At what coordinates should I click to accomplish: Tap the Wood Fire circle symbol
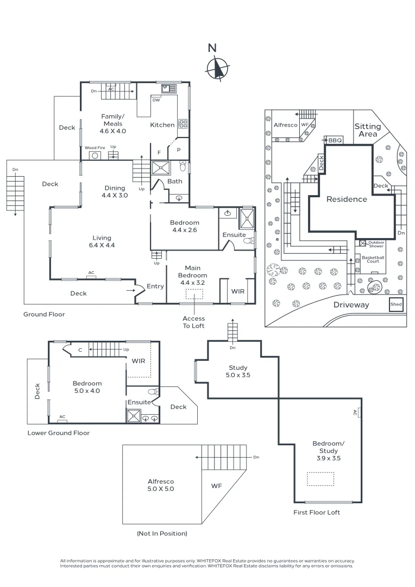(95, 155)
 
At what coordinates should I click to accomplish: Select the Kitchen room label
(162, 125)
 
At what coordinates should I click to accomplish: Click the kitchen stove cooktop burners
(183, 123)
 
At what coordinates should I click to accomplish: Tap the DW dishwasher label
(156, 100)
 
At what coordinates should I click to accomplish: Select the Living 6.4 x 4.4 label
(102, 241)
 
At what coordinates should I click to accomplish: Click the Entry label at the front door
(155, 286)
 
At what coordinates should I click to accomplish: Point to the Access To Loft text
(193, 322)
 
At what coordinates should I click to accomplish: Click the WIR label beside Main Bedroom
(238, 291)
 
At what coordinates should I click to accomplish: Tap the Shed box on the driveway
(396, 304)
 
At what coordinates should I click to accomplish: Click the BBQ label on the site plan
(335, 140)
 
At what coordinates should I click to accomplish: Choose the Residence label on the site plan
(347, 199)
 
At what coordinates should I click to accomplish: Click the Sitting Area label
(368, 130)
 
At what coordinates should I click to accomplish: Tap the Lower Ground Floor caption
(59, 433)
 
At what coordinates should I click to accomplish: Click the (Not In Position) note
(162, 534)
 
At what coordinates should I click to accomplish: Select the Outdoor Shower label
(376, 244)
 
